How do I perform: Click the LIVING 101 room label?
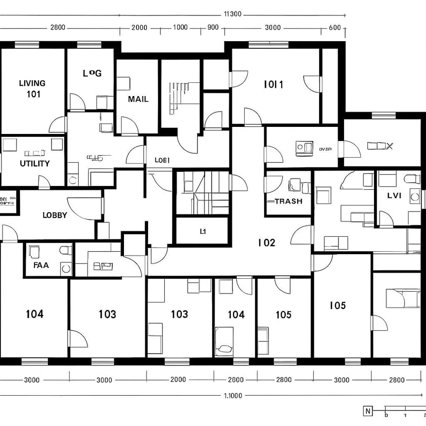coord(33,88)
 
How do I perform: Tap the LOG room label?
coord(92,73)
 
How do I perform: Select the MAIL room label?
coord(138,99)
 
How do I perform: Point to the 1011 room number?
coord(274,85)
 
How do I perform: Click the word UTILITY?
coord(35,164)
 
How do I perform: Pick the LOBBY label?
coord(55,215)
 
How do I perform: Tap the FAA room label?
coord(41,266)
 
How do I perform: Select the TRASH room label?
coord(288,201)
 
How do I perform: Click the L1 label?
coord(203,232)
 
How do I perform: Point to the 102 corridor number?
coord(266,243)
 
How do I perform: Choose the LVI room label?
coord(394,195)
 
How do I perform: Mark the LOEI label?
coord(162,160)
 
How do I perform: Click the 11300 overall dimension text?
coord(232,14)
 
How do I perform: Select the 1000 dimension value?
coord(180,27)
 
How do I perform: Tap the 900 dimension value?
coord(213,27)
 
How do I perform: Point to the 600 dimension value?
coord(334,27)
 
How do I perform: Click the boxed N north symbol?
coord(368,410)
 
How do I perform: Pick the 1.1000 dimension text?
coord(232,396)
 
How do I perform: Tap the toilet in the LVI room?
coord(412,179)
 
